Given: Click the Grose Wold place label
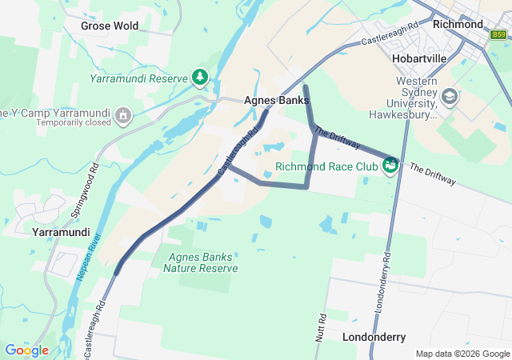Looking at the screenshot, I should point(110,26).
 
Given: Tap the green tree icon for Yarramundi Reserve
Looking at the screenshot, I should point(199,78).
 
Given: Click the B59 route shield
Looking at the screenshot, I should point(499,34).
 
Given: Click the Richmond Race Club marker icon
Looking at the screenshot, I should point(390,165).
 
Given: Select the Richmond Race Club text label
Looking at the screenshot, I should point(326,167).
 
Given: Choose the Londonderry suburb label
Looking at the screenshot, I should point(374,338).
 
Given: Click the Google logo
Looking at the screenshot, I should point(26,350).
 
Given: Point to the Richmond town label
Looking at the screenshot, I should point(457,24).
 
